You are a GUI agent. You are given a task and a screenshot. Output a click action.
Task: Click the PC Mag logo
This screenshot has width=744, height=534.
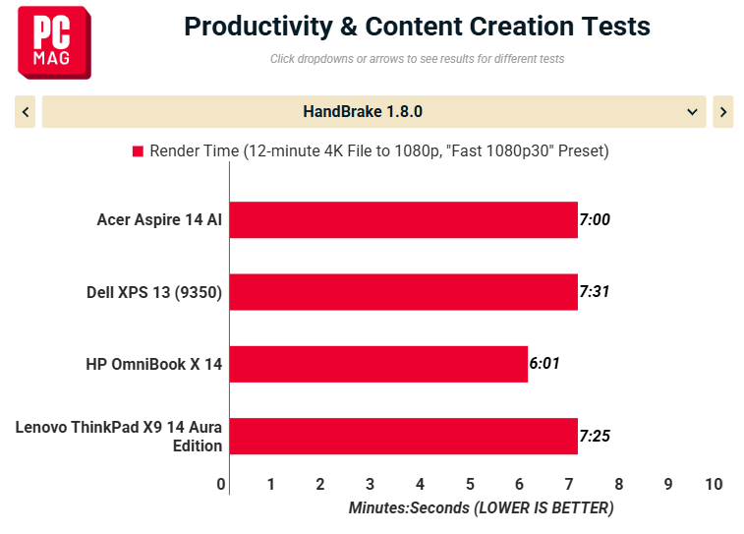[x=54, y=42]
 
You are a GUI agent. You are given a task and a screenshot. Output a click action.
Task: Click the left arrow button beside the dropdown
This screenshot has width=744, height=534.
[x=26, y=112]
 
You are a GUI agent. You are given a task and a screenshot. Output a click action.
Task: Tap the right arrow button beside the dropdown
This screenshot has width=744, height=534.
[x=723, y=112]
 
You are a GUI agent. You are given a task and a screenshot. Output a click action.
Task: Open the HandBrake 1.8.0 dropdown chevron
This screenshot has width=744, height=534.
[x=692, y=112]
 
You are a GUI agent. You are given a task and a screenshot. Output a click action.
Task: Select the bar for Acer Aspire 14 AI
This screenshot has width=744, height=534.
[x=403, y=219]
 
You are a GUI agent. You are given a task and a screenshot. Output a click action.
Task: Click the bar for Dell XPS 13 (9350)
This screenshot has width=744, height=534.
[x=403, y=292]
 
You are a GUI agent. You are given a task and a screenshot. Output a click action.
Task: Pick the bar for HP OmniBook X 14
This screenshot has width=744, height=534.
[x=378, y=364]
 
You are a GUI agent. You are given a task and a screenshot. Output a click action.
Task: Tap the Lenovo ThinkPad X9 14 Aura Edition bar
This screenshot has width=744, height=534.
[x=403, y=437]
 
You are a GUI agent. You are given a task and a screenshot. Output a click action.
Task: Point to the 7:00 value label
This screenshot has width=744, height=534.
[x=595, y=219]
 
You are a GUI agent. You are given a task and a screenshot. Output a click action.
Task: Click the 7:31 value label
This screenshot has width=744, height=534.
[x=594, y=291]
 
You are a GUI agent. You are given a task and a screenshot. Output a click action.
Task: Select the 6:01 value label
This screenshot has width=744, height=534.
[x=544, y=364]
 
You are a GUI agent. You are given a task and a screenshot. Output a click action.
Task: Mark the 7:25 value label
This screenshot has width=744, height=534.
[x=595, y=436]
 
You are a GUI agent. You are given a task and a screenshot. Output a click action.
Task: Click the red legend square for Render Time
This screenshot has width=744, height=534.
[x=138, y=151]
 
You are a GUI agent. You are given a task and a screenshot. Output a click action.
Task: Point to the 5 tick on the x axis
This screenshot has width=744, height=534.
[x=470, y=484]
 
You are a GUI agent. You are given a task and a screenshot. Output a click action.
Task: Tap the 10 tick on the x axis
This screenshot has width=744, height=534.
[x=714, y=484]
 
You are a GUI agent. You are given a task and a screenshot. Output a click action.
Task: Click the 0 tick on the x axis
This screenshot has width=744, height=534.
[x=220, y=484]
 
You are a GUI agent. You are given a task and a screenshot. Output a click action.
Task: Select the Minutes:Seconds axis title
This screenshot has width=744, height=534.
[x=482, y=507]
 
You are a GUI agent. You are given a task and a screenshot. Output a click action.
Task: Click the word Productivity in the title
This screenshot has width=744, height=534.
[x=258, y=27]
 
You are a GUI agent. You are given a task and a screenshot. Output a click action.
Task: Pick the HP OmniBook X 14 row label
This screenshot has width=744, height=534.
[x=153, y=364]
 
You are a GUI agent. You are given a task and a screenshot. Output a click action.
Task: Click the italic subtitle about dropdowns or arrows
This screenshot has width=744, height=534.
[x=417, y=59]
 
